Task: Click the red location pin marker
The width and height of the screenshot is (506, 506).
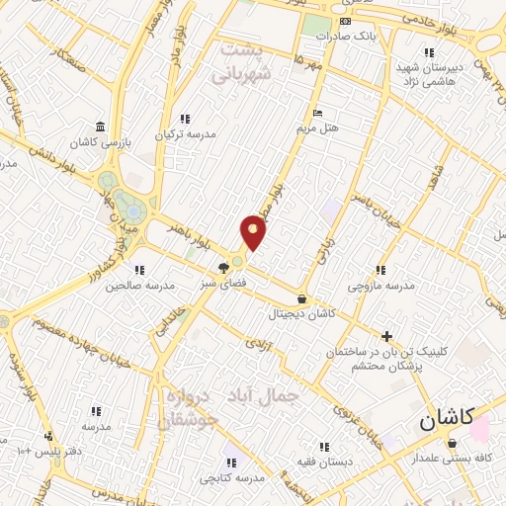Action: [x=254, y=231]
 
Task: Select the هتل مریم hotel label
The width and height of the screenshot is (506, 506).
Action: [x=317, y=127]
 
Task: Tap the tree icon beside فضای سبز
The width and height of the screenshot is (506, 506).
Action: [x=225, y=266]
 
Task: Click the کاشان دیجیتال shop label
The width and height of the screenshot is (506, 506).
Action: [x=301, y=312]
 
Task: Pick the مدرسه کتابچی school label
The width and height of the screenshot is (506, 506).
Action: [x=231, y=478]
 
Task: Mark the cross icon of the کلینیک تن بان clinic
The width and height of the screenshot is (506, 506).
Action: [x=387, y=337]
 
